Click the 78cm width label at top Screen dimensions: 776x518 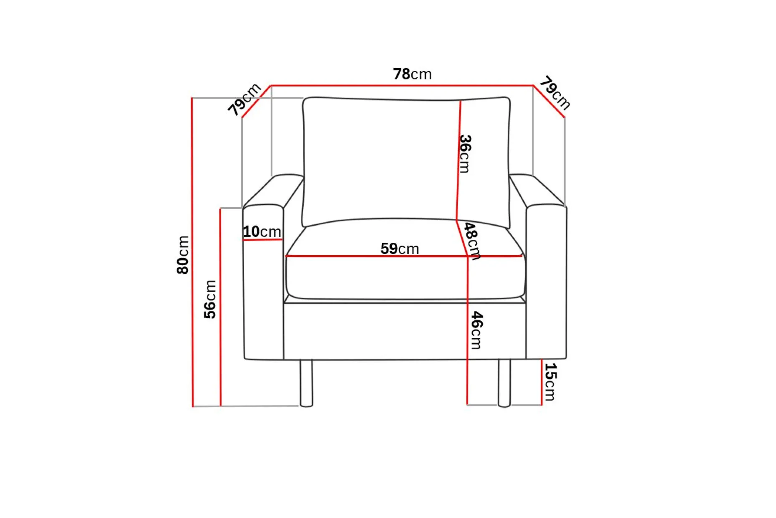tap(412, 74)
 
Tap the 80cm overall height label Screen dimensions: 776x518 tap(183, 255)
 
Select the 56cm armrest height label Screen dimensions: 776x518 tap(210, 300)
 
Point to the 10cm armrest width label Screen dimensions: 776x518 tap(262, 231)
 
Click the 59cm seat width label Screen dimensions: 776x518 tap(400, 249)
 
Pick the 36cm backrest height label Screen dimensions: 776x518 tap(465, 154)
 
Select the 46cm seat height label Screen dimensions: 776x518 tap(476, 330)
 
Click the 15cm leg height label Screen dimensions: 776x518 tap(550, 382)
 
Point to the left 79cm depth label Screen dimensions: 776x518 tap(244, 99)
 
